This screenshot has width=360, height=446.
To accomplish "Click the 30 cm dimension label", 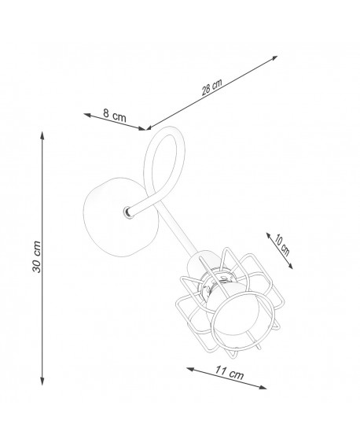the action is click(37, 257).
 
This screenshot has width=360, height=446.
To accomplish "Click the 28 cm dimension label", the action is click(211, 87).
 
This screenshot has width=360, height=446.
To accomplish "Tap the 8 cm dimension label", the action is click(115, 115).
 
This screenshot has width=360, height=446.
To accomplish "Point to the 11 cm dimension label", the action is click(230, 372).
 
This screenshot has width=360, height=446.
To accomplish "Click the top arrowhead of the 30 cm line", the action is click(42, 135).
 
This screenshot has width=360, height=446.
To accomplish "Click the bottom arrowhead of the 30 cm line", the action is click(42, 381).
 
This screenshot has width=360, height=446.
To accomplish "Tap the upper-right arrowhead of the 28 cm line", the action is click(274, 58).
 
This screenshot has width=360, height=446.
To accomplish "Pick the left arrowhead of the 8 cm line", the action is click(87, 115).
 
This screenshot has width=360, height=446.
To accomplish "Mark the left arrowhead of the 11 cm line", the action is click(190, 369).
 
